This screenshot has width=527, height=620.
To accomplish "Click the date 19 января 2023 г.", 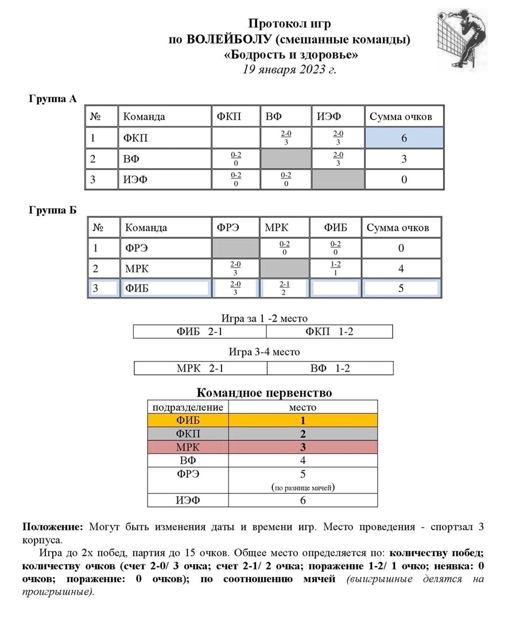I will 289,69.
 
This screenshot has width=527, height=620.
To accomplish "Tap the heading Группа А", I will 53,99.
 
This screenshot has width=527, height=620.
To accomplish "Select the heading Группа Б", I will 53,210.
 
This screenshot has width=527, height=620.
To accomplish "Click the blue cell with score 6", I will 404,138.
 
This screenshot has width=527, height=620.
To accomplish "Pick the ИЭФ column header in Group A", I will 330,117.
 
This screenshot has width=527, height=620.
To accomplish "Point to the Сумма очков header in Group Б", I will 398,227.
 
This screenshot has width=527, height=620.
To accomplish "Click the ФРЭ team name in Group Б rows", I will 137,248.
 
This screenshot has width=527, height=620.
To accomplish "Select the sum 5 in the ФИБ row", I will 401,288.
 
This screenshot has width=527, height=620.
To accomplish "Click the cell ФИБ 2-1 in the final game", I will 200,332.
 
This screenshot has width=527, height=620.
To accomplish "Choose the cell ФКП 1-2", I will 330,332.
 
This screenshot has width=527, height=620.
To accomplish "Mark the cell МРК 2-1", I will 200,368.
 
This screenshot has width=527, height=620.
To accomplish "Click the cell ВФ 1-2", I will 330,368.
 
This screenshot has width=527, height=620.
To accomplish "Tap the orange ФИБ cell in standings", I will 188,420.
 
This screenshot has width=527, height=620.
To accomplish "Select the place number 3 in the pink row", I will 303,447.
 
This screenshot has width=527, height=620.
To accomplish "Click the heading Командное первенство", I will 264,393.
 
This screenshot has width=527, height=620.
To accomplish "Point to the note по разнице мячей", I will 303,488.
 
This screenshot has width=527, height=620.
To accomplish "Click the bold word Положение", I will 53,527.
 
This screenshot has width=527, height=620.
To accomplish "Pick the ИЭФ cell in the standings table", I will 188,501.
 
